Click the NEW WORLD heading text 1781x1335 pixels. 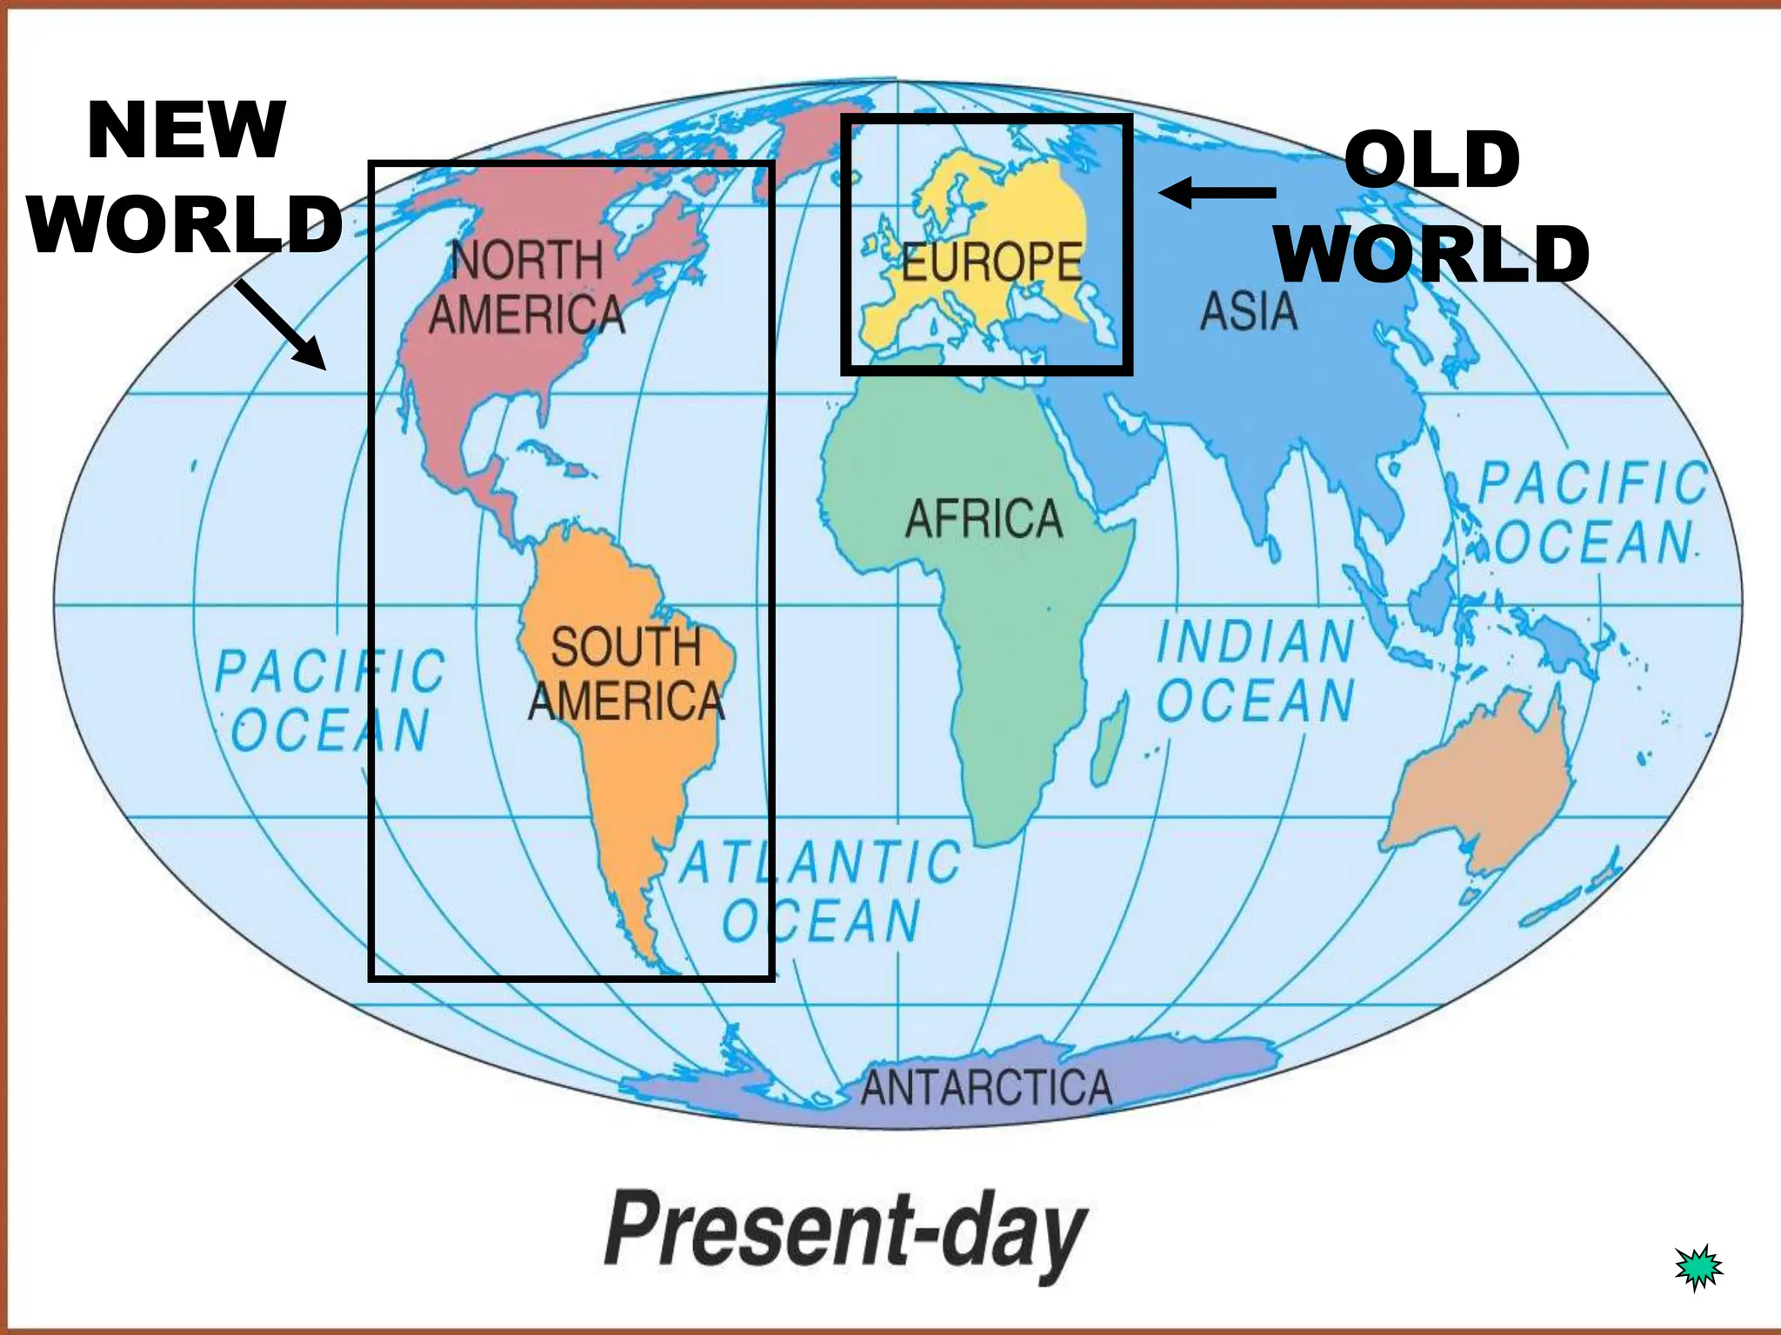(185, 177)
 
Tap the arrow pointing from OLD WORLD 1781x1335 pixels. (1217, 192)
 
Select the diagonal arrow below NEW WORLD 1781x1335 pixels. (280, 324)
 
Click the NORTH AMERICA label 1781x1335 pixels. (527, 287)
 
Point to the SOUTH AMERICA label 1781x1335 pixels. (626, 674)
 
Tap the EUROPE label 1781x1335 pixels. (991, 262)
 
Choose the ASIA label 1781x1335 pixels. (1248, 311)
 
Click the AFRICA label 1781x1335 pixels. (984, 519)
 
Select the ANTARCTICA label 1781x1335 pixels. (986, 1087)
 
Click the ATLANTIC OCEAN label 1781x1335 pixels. (820, 891)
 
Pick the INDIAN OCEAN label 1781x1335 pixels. (1256, 670)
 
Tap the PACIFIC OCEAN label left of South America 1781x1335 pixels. (330, 700)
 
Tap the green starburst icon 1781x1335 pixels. (1698, 1267)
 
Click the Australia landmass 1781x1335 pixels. (1478, 782)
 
